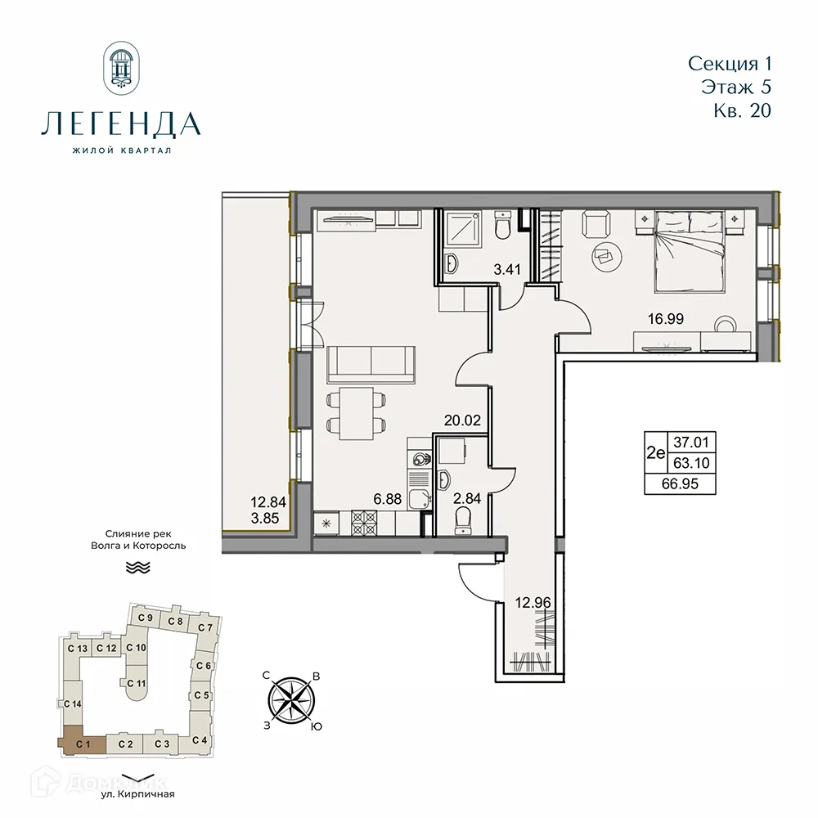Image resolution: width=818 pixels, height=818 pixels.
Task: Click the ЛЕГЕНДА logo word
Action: coord(120,124)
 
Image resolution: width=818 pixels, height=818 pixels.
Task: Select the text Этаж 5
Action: coord(736,87)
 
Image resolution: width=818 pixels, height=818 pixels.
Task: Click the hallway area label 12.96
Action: coord(533,605)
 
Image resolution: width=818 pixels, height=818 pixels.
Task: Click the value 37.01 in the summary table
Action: coord(693,443)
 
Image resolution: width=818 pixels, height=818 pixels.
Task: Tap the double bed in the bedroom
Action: coord(689,249)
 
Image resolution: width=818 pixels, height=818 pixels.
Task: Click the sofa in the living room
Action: coord(371,362)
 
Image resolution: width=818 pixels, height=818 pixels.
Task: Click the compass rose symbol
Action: coord(292,700)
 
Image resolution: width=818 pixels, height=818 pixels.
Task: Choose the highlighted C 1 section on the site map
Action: coord(81,743)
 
